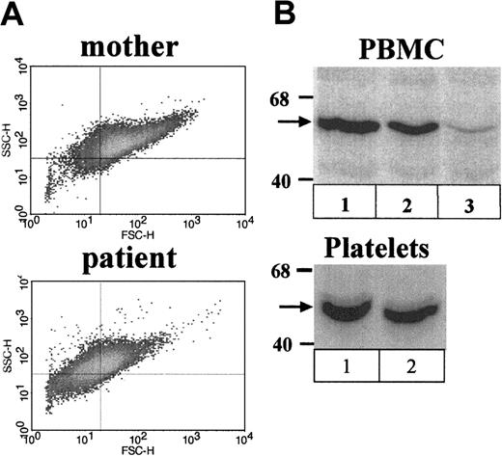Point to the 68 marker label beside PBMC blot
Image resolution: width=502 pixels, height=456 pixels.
[280, 96]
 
